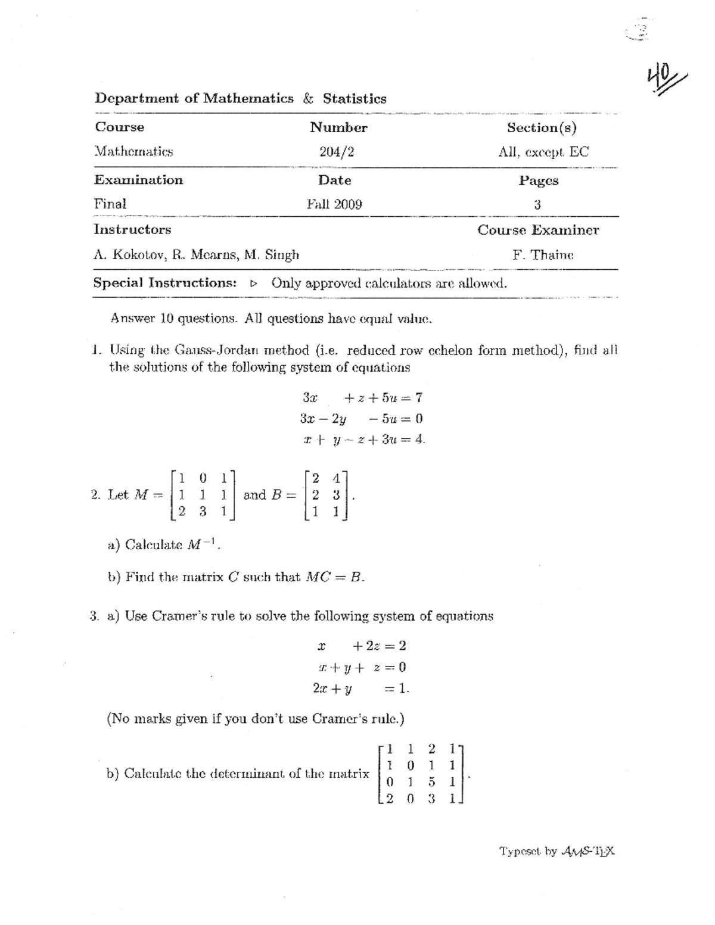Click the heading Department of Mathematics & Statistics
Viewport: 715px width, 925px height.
pyautogui.click(x=240, y=98)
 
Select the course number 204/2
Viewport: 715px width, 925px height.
pyautogui.click(x=337, y=152)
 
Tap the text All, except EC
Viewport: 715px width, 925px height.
pyautogui.click(x=543, y=152)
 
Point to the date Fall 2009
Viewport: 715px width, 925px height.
pyautogui.click(x=334, y=204)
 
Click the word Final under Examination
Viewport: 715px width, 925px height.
pyautogui.click(x=110, y=204)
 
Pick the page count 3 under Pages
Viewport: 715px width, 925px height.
pyautogui.click(x=537, y=204)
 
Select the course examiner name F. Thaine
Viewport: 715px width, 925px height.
pyautogui.click(x=543, y=255)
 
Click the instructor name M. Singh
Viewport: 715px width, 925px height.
pyautogui.click(x=274, y=255)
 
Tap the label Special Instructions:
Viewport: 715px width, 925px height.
pyautogui.click(x=165, y=282)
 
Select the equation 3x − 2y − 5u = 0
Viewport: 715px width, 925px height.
pyautogui.click(x=362, y=418)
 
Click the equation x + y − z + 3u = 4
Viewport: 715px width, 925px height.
pyautogui.click(x=364, y=440)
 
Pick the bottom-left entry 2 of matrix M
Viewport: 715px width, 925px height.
pyautogui.click(x=181, y=510)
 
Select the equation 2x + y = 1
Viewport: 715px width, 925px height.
pyautogui.click(x=360, y=689)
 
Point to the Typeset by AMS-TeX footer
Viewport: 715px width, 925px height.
pyautogui.click(x=557, y=851)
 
